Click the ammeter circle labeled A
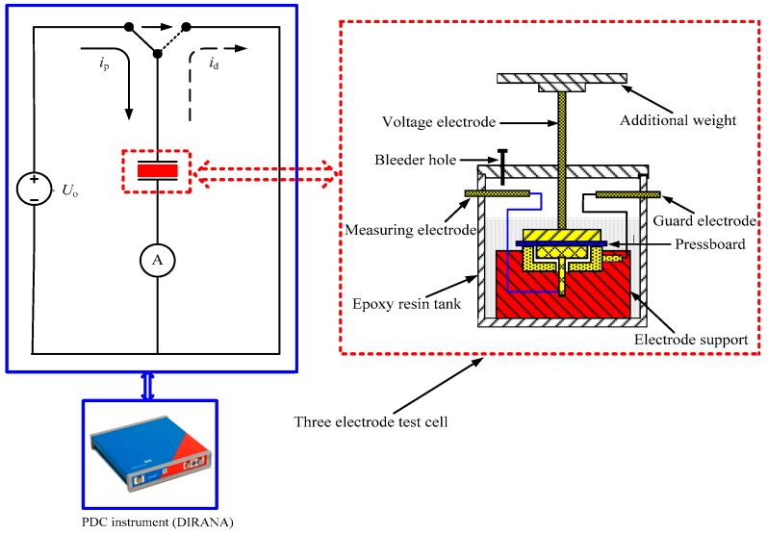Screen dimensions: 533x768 point(157,260)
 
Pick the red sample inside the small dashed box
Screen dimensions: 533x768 point(156,171)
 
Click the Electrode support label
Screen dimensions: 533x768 point(696,339)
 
